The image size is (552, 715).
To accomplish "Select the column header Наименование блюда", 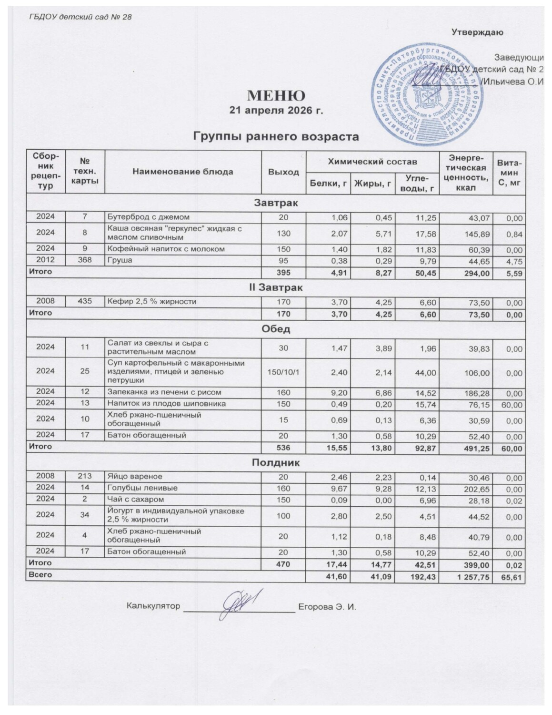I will (182, 172).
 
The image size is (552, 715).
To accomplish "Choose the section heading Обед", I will (276, 329).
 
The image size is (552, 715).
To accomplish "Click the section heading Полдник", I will (276, 462).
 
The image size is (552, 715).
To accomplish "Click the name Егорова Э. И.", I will (327, 607).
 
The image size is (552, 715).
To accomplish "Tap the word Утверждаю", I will (477, 32).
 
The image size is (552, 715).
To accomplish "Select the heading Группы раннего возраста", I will (276, 137).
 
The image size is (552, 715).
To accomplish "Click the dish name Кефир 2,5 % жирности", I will (152, 301).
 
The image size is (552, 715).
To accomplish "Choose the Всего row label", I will (40, 575).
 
